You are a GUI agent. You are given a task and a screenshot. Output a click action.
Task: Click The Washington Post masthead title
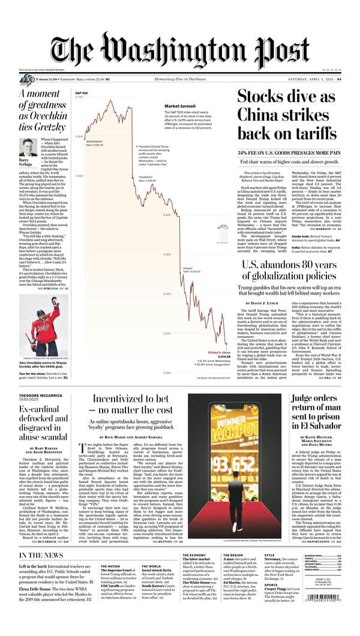click(x=179, y=53)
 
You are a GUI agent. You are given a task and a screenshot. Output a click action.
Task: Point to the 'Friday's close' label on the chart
click(x=219, y=352)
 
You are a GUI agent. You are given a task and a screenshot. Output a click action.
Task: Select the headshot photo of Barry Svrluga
click(x=28, y=148)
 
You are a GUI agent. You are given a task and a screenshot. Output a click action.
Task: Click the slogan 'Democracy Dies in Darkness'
click(x=180, y=79)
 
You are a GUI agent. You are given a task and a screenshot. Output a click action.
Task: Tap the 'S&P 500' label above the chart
click(x=82, y=94)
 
